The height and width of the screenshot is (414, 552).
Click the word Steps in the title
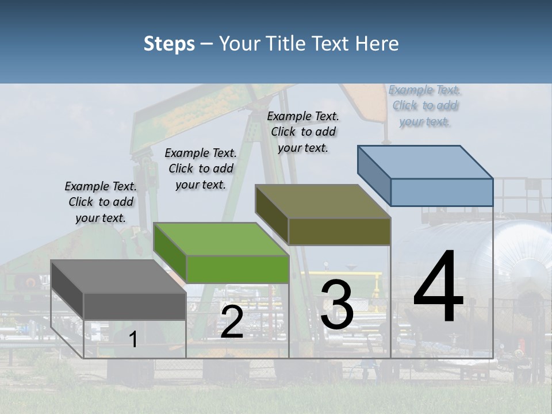[169, 44]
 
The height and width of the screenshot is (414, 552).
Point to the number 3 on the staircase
[337, 304]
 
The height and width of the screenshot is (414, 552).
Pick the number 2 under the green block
[232, 322]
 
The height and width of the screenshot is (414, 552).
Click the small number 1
[133, 340]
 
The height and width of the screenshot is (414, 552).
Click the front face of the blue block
[442, 192]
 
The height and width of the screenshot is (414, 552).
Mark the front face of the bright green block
[237, 269]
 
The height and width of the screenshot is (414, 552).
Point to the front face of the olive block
[339, 231]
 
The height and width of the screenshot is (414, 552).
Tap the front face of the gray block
[135, 306]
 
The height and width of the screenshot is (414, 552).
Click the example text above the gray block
[101, 202]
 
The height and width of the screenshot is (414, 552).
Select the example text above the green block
[201, 168]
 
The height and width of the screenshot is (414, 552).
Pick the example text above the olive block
[303, 132]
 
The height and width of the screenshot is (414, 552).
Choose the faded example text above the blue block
[425, 105]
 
